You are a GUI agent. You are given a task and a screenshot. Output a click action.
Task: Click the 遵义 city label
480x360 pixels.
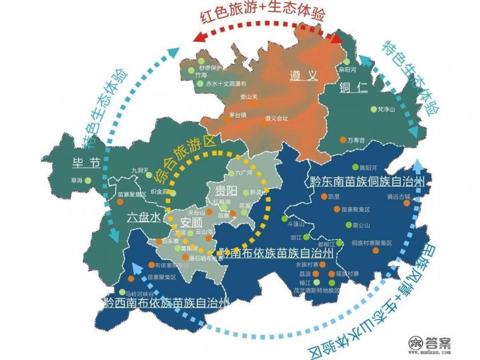pyautogui.click(x=303, y=75)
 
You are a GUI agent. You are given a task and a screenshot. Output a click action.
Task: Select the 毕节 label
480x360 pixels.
pyautogui.click(x=86, y=163)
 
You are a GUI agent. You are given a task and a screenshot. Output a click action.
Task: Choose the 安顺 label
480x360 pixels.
pyautogui.click(x=191, y=222)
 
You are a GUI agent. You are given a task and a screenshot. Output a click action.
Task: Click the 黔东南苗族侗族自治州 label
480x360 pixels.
pyautogui.click(x=367, y=182)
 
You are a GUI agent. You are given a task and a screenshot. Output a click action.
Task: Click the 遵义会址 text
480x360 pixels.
pyautogui.click(x=276, y=118)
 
